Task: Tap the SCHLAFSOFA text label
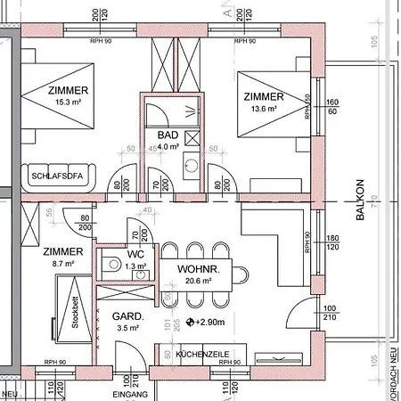tap(57, 176)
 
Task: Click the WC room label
tap(135, 254)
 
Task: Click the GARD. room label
tap(123, 316)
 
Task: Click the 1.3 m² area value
tap(135, 266)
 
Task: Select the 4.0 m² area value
tap(168, 146)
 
